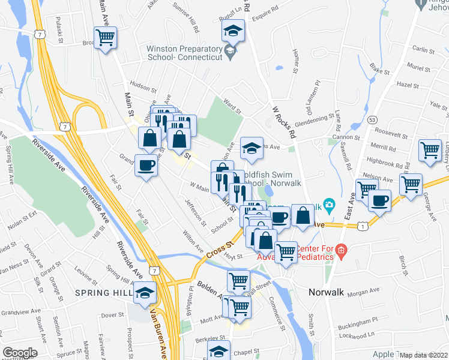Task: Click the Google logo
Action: pyautogui.click(x=20, y=353)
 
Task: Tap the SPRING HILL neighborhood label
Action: pyautogui.click(x=103, y=292)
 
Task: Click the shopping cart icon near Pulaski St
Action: pyautogui.click(x=106, y=38)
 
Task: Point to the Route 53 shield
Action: pyautogui.click(x=372, y=120)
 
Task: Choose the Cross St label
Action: pyautogui.click(x=220, y=249)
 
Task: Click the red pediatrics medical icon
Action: pyautogui.click(x=341, y=250)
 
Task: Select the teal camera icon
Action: pyautogui.click(x=328, y=205)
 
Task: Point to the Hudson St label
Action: pyautogui.click(x=142, y=86)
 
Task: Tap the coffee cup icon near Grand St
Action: pyautogui.click(x=145, y=164)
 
